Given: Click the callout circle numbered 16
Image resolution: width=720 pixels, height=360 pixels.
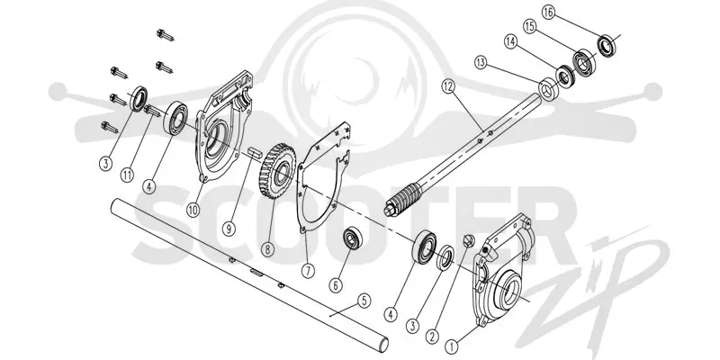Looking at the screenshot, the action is click(548, 13).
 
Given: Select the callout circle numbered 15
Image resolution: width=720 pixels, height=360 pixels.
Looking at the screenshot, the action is click(529, 27).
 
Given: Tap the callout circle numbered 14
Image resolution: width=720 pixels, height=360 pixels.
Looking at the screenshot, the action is click(510, 41).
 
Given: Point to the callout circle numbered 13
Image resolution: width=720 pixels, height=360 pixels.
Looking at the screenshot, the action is click(481, 63).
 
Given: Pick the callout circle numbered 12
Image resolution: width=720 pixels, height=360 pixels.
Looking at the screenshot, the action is click(448, 85).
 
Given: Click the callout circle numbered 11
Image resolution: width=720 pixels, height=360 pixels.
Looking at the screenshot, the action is click(128, 175).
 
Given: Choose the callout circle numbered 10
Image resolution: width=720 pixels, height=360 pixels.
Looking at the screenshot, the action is click(193, 210).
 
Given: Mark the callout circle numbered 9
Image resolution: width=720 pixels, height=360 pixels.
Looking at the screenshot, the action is click(229, 229).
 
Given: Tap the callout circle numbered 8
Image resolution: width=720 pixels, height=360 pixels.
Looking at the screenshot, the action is click(267, 249).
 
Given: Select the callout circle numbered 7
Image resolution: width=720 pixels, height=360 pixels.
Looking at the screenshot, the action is click(308, 270).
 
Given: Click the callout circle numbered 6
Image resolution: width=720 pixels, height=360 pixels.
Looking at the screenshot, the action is click(336, 285).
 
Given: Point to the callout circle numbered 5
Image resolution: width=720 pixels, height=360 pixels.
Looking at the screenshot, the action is click(364, 301).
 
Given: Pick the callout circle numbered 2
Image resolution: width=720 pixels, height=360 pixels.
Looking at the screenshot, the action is click(431, 337).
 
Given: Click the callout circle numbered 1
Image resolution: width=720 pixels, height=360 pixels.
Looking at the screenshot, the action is click(452, 344).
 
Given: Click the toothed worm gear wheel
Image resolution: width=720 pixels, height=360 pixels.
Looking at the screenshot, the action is click(274, 169).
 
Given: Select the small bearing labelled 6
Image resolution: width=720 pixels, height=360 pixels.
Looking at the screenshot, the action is click(353, 238).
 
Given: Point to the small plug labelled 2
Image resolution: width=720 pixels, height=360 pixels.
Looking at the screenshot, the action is click(467, 239).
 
